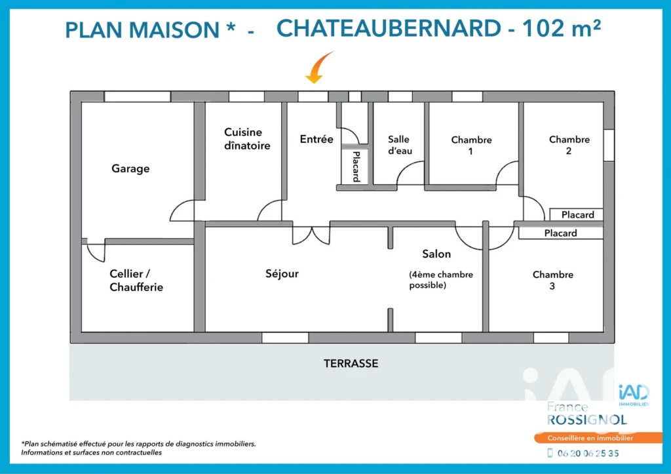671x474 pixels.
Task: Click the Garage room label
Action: (130, 168)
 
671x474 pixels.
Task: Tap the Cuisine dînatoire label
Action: (247, 139)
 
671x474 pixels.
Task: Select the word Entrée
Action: (316, 139)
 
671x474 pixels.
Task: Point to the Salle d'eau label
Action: (400, 145)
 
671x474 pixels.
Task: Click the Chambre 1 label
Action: (471, 145)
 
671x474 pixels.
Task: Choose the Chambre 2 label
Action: (569, 145)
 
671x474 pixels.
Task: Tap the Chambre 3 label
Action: (553, 280)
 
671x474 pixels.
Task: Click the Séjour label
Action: (282, 273)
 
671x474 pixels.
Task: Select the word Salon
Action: (436, 254)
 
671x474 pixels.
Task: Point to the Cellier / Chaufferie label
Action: (136, 280)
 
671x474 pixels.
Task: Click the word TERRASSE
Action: (351, 363)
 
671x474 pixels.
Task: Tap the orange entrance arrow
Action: (319, 68)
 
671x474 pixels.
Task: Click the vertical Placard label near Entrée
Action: (356, 167)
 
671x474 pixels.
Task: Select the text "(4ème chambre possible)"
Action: (441, 279)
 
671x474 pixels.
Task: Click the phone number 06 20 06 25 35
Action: (588, 453)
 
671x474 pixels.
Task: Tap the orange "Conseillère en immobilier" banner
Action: (598, 438)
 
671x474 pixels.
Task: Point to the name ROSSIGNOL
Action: (587, 420)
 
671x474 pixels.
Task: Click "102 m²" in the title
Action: (562, 28)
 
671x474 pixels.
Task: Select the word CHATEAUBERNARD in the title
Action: (389, 29)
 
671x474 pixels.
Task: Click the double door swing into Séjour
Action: (311, 235)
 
